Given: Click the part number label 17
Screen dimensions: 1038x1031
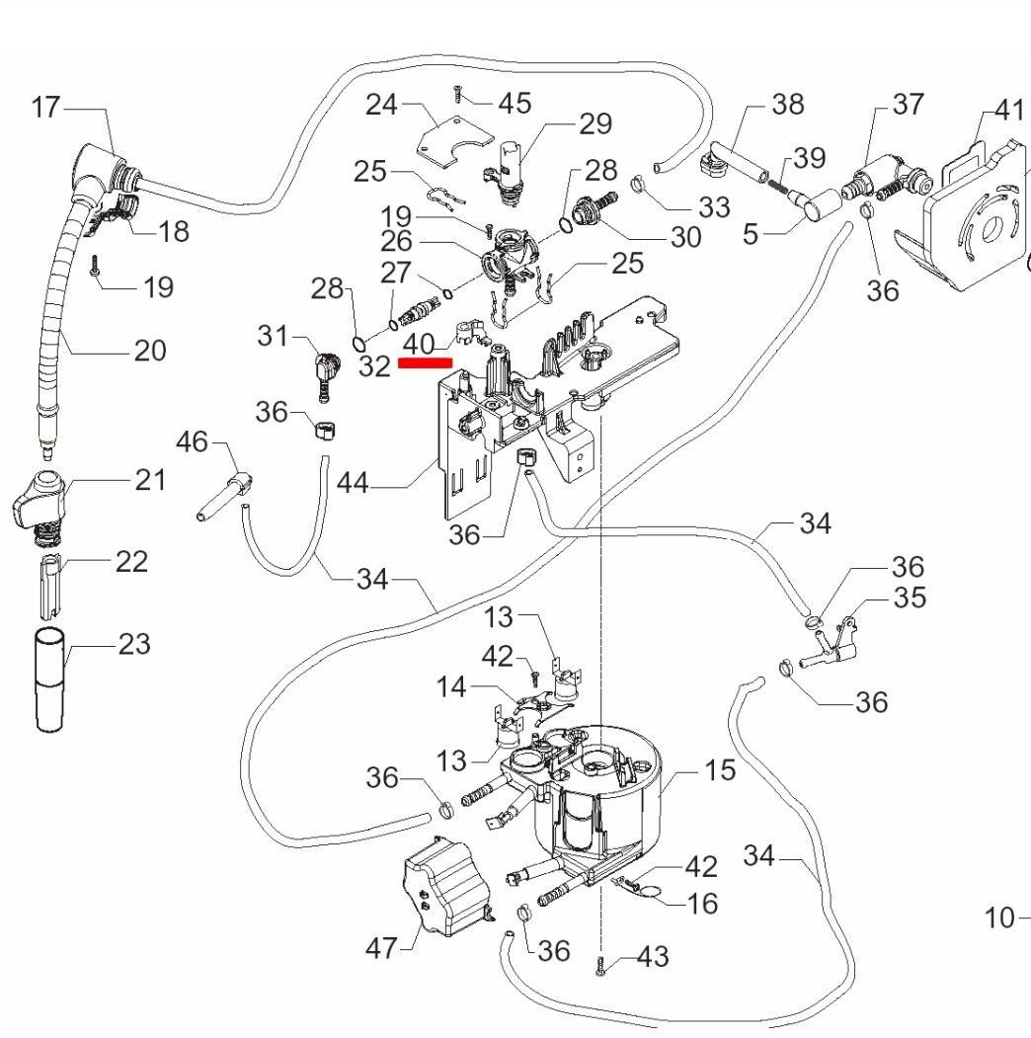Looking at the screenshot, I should click(x=45, y=107).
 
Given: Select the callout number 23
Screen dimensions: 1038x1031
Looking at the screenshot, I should click(x=134, y=645).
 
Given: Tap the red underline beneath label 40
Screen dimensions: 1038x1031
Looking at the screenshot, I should click(x=425, y=362).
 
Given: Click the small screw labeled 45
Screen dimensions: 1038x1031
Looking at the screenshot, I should click(x=457, y=93).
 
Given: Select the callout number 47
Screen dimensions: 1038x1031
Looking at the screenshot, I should click(x=381, y=949).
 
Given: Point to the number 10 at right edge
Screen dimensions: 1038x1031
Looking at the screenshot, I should click(x=1000, y=918).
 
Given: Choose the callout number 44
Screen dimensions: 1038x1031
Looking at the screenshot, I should click(x=355, y=483).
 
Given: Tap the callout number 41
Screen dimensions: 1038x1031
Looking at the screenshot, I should click(x=1008, y=110).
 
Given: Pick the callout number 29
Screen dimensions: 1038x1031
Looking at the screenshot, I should click(x=595, y=124).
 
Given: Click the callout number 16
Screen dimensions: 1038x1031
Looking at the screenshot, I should click(x=702, y=905).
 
